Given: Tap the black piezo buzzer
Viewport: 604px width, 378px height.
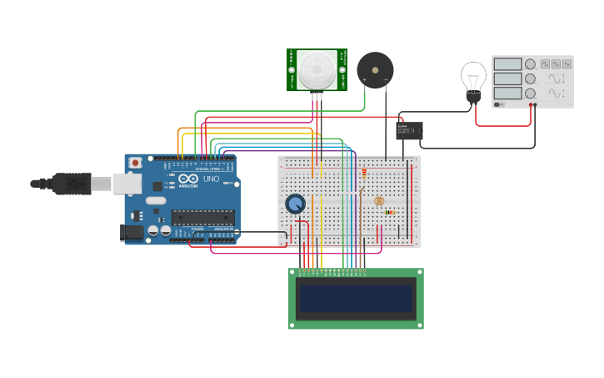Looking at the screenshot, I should tap(374, 69).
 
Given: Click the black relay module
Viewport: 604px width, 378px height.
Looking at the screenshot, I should tap(409, 130).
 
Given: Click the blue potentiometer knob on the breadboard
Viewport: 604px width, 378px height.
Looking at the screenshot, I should tap(295, 204).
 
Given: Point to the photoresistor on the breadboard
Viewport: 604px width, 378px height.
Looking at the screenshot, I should tap(379, 201).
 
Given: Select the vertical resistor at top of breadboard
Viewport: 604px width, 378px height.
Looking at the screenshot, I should tap(363, 174).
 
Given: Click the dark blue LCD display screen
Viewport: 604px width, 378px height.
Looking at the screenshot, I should tap(356, 298).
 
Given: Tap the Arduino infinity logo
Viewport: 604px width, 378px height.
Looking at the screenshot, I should tap(187, 179).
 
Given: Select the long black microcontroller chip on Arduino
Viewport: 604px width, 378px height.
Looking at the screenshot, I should tap(202, 218).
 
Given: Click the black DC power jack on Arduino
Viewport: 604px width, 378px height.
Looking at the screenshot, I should tap(132, 233).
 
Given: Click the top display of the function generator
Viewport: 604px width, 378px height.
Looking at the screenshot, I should tap(507, 64).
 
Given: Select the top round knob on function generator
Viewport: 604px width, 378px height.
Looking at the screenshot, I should tap(529, 64).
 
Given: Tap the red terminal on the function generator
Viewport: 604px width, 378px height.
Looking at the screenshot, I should tap(534, 104).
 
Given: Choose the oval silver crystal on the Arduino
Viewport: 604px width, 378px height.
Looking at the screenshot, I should tap(156, 201).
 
